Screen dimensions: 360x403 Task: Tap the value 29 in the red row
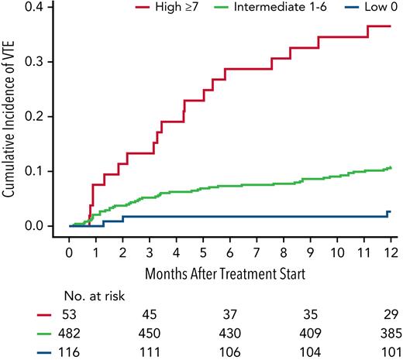pos(390,314)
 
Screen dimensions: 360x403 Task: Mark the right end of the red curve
pos(391,26)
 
